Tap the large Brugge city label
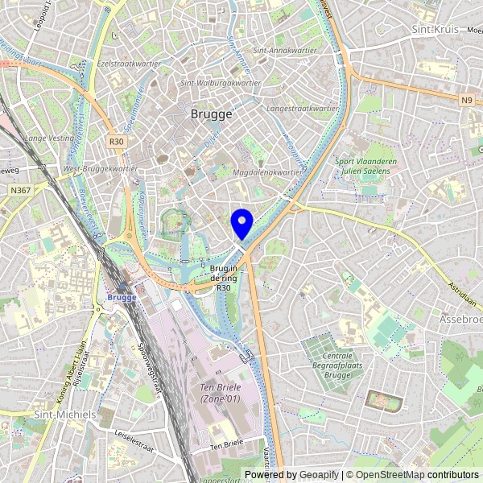(212, 114)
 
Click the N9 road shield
(468, 100)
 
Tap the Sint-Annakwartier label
(283, 50)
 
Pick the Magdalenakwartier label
(266, 171)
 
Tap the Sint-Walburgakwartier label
(221, 82)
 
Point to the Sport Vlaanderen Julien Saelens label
(366, 165)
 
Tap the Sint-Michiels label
(64, 414)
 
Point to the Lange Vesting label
(48, 138)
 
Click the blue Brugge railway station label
(121, 297)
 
